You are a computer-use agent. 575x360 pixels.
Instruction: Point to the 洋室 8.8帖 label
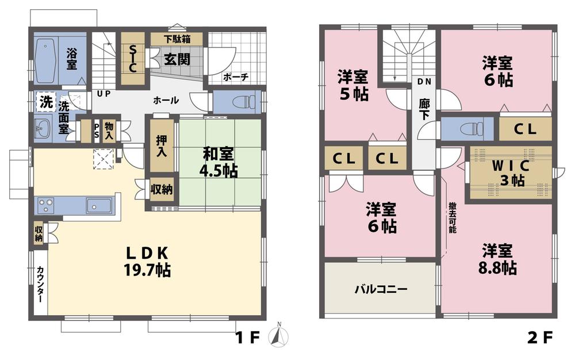pos(498,259)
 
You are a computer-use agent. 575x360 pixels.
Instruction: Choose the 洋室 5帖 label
pos(353,85)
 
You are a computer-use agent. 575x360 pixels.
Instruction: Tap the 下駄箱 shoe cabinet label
pos(176,39)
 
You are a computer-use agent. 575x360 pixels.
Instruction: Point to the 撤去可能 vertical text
pos(451,217)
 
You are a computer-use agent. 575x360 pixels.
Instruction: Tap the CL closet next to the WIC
pos(524,129)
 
